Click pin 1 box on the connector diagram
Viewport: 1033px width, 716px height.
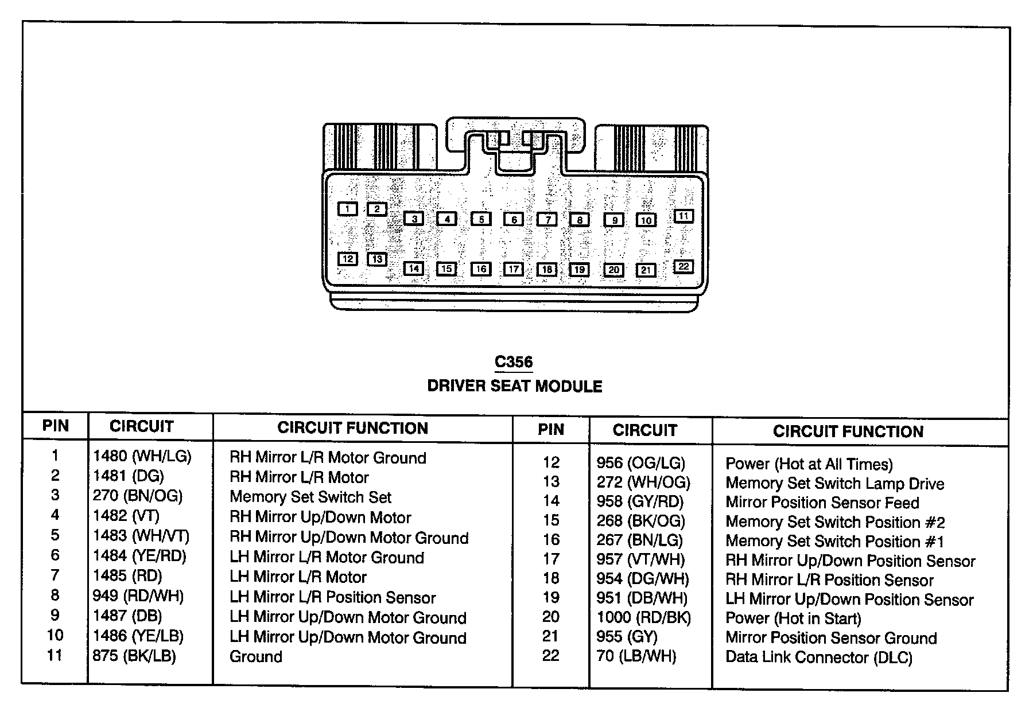[348, 209]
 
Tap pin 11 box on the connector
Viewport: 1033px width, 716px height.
[683, 216]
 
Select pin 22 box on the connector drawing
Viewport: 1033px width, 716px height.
[683, 267]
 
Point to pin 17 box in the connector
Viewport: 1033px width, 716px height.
[514, 269]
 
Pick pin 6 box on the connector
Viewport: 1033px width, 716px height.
[514, 219]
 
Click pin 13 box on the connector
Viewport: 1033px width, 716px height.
[377, 259]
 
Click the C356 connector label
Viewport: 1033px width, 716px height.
[514, 363]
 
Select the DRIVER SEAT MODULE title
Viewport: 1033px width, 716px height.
[515, 386]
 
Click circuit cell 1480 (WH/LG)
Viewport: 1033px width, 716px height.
[142, 456]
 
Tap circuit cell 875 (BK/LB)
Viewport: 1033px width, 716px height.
[134, 655]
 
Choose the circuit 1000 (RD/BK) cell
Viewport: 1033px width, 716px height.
[644, 617]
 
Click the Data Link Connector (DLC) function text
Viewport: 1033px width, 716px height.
[819, 657]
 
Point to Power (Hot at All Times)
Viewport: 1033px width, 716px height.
[809, 464]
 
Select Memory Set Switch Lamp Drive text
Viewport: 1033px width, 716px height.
[835, 484]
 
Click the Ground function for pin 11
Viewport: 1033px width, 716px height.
[256, 656]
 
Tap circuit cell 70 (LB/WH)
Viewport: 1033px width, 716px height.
[636, 656]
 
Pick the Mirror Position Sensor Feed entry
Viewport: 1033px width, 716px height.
[822, 503]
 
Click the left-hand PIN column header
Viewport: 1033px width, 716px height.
[56, 426]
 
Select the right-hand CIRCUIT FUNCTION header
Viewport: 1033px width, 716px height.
[848, 431]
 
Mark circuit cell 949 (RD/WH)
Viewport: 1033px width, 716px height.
[138, 596]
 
